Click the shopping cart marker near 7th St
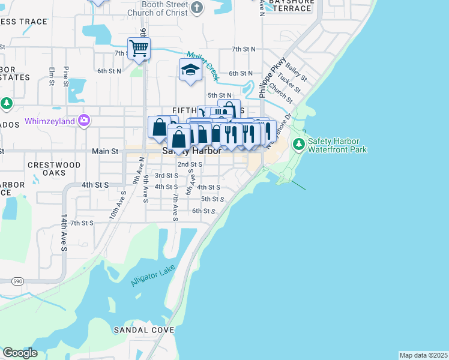point(139,49)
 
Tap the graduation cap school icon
point(190,70)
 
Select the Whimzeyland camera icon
point(83,121)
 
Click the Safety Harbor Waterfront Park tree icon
point(298,145)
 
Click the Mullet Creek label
point(202,64)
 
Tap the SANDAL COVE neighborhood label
point(143,330)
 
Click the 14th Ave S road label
point(63,230)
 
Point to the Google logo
point(20,353)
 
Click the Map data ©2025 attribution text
point(423,355)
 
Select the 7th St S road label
point(82,223)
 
